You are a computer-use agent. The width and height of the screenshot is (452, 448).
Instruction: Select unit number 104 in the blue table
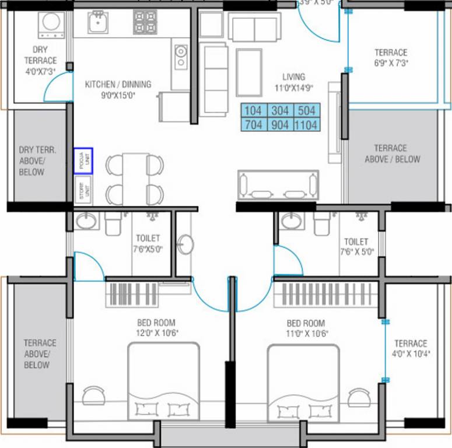tap(253, 111)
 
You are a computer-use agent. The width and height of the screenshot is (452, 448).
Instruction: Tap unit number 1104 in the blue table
tap(306, 124)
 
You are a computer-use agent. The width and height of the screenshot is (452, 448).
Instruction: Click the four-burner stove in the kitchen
tap(144, 22)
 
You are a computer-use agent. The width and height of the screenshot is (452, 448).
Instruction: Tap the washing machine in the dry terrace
tap(50, 23)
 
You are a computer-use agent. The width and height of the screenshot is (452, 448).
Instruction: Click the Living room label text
tap(293, 77)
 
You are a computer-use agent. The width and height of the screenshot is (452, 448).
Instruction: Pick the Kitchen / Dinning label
tap(118, 85)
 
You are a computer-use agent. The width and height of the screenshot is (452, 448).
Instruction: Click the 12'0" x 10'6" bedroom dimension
tap(156, 333)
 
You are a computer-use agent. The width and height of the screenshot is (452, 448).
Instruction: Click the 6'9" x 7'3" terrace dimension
tap(391, 63)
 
